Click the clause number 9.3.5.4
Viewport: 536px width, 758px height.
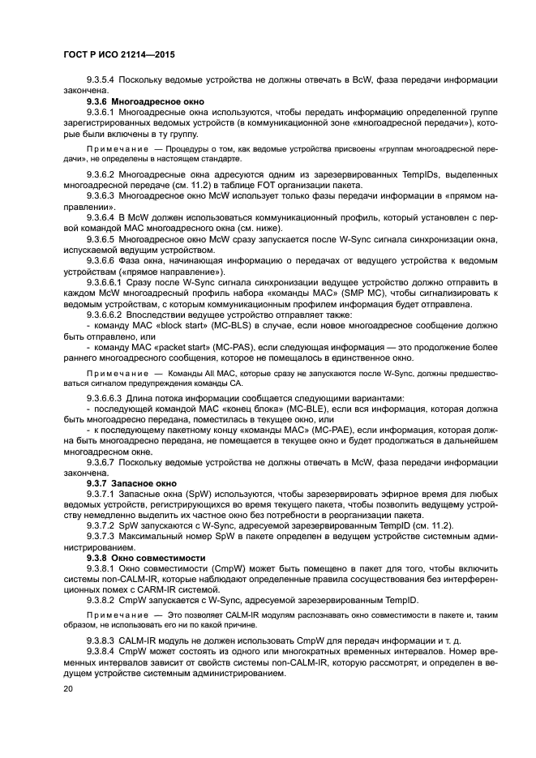pos(102,80)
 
